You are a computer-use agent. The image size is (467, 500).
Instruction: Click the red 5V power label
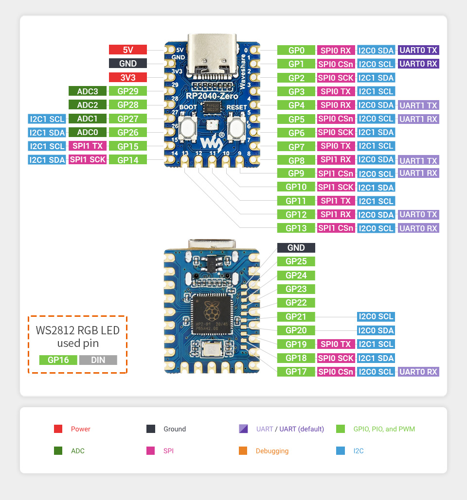point(128,50)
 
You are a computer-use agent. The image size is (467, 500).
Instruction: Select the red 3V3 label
point(128,77)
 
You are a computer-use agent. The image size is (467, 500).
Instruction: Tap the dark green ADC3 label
point(88,91)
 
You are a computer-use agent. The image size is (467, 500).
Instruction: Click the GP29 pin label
point(128,91)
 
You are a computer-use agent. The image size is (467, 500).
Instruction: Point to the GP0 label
point(296,50)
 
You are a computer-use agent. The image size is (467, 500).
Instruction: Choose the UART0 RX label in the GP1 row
point(418,64)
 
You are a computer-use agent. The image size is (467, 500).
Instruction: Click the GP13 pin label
point(296,228)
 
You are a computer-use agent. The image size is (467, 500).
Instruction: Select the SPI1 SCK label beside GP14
point(88,159)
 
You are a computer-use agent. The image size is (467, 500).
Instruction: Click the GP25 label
point(296,261)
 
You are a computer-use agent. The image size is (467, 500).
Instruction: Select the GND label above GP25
point(296,248)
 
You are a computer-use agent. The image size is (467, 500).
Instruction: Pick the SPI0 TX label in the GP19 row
point(336,344)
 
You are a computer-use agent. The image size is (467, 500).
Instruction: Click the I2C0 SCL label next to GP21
point(376,316)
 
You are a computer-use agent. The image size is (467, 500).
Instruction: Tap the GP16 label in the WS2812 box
point(58,360)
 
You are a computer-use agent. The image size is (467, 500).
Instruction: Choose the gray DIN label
point(98,360)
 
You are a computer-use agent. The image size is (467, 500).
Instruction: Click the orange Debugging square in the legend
point(243,451)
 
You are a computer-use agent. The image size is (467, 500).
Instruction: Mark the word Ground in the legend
point(175,429)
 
